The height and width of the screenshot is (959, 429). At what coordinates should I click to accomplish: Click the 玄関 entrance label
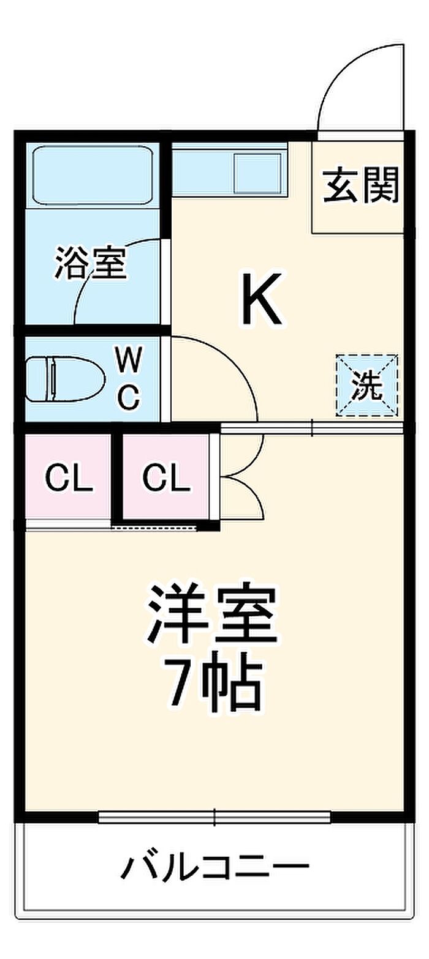coord(361,185)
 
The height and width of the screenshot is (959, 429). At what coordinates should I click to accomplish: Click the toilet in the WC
coord(65,378)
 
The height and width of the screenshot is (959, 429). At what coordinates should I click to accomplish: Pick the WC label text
coord(129,378)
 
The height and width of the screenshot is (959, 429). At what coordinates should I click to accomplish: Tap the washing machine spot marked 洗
coord(367,384)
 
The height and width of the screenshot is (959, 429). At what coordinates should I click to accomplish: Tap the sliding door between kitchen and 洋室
coord(312,428)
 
